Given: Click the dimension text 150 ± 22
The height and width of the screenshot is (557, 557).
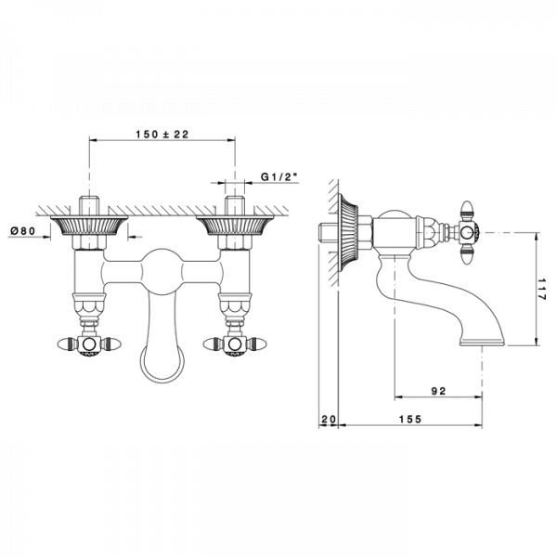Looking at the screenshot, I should pyautogui.click(x=162, y=135).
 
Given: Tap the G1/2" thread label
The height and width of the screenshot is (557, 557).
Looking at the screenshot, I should pyautogui.click(x=278, y=175).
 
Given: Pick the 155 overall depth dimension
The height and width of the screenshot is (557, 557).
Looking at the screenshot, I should pyautogui.click(x=409, y=419).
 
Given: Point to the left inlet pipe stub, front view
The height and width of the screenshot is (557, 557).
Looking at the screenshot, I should pyautogui.click(x=89, y=205).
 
